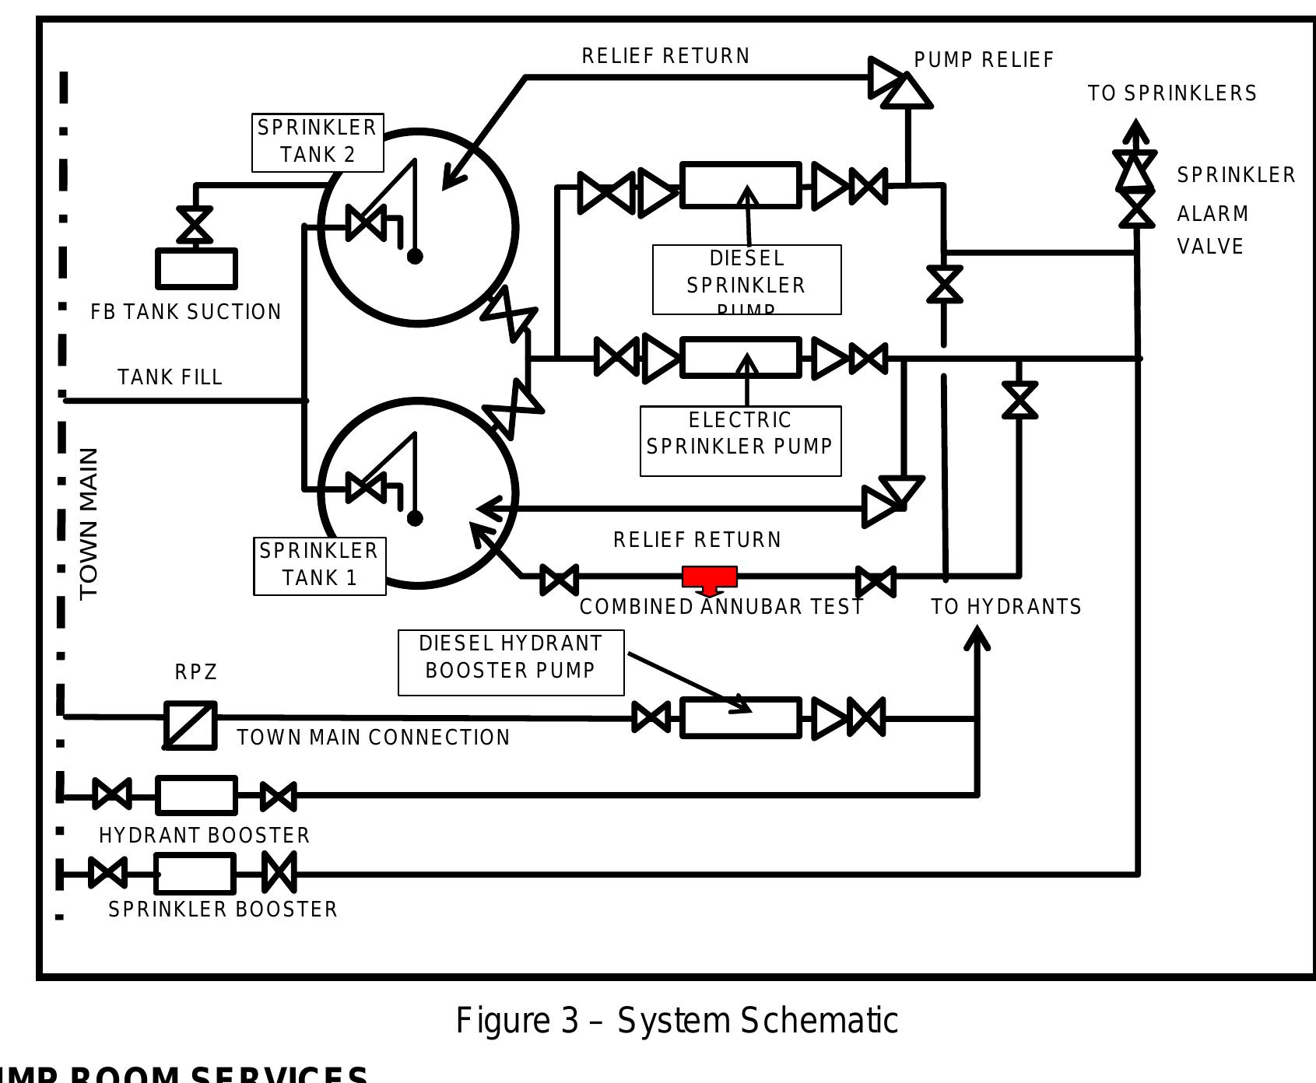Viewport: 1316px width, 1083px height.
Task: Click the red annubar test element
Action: point(709,577)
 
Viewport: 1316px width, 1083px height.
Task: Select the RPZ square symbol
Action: point(191,725)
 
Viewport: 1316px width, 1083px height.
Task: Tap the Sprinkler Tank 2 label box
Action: point(318,142)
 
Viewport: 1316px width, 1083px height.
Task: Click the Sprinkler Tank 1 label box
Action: point(320,566)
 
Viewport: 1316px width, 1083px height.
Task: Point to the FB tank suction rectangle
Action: point(196,269)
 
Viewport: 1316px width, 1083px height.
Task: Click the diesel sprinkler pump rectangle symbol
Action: point(740,185)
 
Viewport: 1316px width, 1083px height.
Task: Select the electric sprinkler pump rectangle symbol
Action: point(740,358)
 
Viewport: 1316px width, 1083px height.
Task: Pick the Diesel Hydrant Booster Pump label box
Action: point(511,662)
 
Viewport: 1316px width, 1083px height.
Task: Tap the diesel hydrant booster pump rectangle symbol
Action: point(740,717)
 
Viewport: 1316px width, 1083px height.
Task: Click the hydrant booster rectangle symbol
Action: point(196,795)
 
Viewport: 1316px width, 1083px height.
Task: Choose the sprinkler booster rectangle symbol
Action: point(195,874)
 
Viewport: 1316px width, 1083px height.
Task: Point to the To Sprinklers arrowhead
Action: point(1136,131)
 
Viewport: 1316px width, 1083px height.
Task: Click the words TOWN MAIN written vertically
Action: point(89,523)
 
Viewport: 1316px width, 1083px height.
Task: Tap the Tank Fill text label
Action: point(170,377)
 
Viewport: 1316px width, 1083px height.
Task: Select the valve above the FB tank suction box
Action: point(195,225)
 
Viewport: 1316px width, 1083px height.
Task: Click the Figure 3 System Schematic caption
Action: point(676,1020)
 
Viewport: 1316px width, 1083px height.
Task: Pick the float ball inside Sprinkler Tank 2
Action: point(415,255)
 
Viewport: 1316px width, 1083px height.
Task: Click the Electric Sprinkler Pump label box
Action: point(740,440)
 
